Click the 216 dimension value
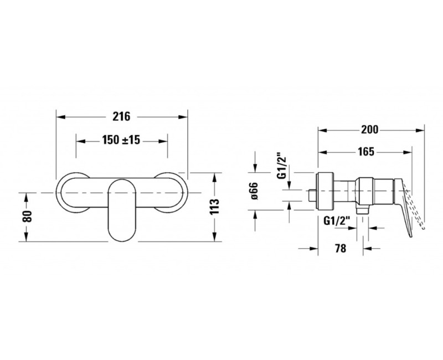pyautogui.click(x=121, y=116)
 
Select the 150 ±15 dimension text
pyautogui.click(x=121, y=140)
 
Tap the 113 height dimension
pyautogui.click(x=215, y=207)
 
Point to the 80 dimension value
pyautogui.click(x=27, y=217)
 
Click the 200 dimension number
pyautogui.click(x=369, y=130)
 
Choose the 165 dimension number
pyautogui.click(x=366, y=152)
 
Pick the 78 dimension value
pyautogui.click(x=341, y=248)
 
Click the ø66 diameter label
pyautogui.click(x=254, y=191)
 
